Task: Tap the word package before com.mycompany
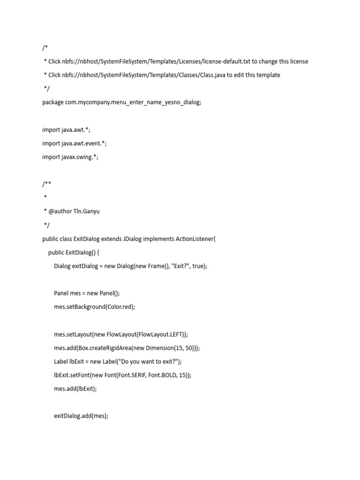[x=53, y=102]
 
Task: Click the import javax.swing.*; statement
[x=70, y=157]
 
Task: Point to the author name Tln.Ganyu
[x=87, y=211]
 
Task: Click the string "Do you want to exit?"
[x=150, y=362]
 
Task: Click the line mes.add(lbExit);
[x=75, y=389]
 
